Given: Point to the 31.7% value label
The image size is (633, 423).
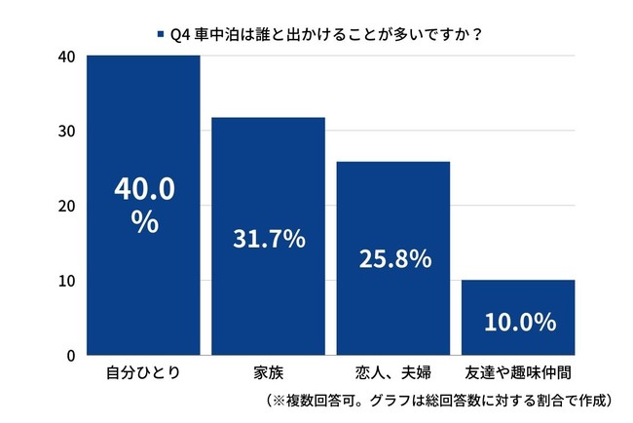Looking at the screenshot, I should pyautogui.click(x=268, y=238).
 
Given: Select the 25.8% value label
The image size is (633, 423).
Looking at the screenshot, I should pyautogui.click(x=393, y=259).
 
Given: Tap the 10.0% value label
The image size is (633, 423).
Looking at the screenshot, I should pyautogui.click(x=518, y=321).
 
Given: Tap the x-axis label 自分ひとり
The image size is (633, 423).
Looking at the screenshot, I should pyautogui.click(x=143, y=372).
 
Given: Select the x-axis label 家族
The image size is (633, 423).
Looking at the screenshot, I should pyautogui.click(x=268, y=372).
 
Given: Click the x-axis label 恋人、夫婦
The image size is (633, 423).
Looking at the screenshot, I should pyautogui.click(x=393, y=372).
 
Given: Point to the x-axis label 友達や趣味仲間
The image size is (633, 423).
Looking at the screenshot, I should pyautogui.click(x=518, y=372).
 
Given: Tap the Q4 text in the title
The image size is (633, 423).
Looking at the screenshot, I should pyautogui.click(x=178, y=33).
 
